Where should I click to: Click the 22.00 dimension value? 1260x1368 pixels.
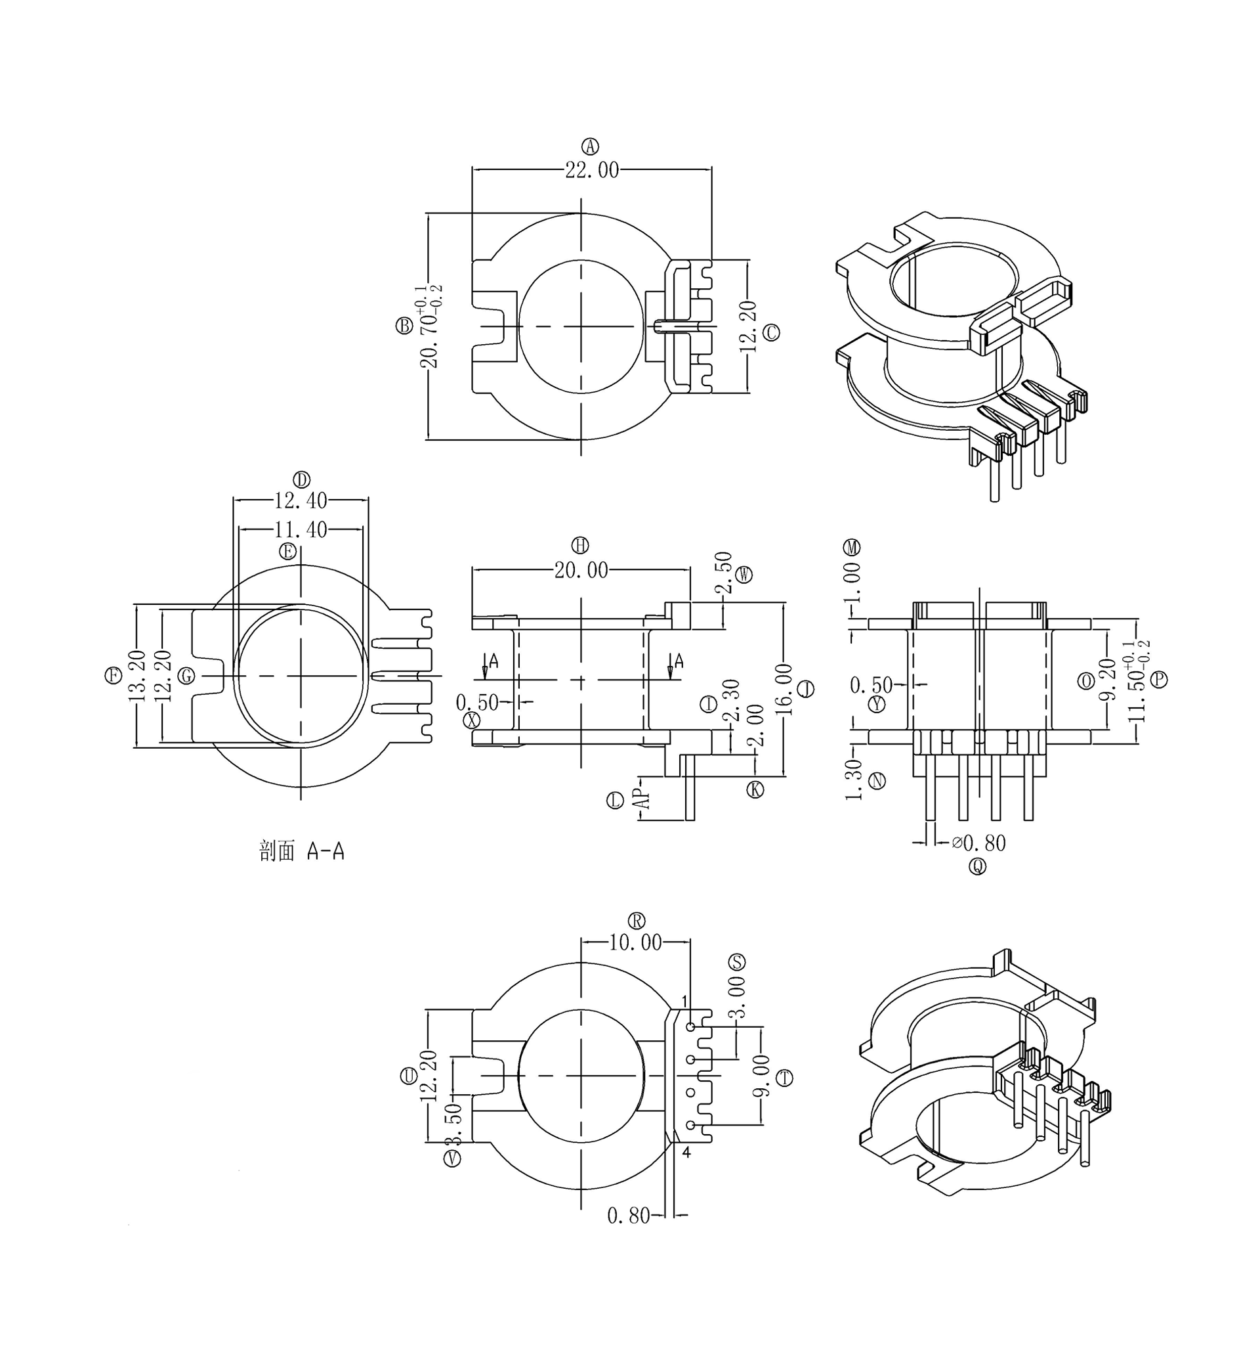coord(591,170)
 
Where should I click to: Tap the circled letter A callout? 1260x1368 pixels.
coord(590,145)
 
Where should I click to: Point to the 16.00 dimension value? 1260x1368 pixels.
coord(784,689)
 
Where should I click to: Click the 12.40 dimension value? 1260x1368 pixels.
coord(301,500)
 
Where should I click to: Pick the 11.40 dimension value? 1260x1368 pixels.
coord(301,529)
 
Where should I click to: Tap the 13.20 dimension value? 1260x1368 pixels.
coord(137,676)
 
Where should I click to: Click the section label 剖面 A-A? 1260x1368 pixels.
coord(301,851)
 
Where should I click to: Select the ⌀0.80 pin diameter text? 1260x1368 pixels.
coord(978,843)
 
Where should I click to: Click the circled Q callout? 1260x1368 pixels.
coord(978,866)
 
